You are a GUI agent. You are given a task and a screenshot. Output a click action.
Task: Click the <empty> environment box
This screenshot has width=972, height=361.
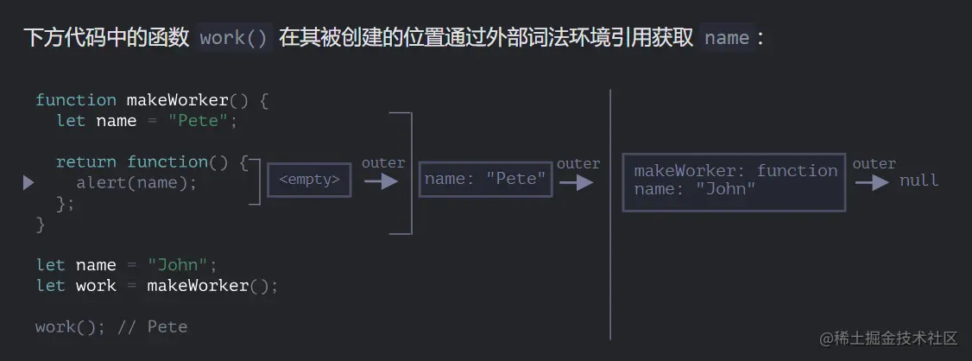(309, 180)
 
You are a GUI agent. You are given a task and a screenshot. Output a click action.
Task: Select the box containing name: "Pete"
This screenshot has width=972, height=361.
(485, 180)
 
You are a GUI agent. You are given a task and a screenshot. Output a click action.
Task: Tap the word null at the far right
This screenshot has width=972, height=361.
(918, 180)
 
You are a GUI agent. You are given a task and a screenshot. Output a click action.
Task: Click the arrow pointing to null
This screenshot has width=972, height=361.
(872, 182)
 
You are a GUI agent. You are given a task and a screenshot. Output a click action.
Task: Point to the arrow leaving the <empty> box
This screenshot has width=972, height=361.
(381, 181)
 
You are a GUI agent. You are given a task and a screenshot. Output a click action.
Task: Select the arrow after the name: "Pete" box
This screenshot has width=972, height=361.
(576, 182)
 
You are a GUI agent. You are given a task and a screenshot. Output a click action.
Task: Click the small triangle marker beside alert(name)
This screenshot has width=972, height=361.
(28, 182)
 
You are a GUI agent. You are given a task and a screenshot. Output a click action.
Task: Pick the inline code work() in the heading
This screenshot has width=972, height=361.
(234, 38)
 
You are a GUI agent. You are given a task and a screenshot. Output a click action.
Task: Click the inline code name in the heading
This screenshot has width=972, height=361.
(727, 38)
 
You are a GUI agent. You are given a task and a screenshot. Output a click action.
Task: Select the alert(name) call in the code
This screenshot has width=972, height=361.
(136, 183)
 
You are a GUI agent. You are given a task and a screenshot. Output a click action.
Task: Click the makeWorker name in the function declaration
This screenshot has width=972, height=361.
(177, 100)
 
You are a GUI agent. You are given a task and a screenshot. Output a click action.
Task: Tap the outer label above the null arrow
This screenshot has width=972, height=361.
(874, 163)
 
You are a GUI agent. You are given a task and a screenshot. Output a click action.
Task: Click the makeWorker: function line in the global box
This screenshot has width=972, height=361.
(735, 171)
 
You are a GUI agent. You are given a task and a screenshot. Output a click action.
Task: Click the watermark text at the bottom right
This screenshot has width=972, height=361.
(888, 337)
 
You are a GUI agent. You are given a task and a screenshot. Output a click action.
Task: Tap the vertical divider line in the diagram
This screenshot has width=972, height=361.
(610, 216)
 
